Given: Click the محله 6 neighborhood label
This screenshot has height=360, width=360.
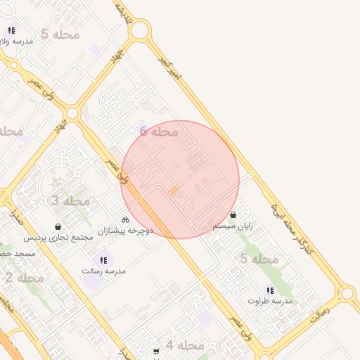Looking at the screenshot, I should pyautogui.click(x=158, y=131).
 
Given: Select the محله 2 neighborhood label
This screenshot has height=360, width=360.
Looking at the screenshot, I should pyautogui.click(x=24, y=278).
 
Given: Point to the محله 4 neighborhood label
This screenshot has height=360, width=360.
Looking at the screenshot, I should pyautogui.click(x=185, y=345).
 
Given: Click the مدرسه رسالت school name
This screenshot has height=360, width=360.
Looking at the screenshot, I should pyautogui.click(x=103, y=271).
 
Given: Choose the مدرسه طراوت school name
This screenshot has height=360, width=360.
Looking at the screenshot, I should pyautogui.click(x=270, y=301).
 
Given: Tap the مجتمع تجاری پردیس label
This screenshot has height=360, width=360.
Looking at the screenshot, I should pyautogui.click(x=58, y=238).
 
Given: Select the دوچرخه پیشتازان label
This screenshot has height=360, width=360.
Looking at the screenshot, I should pyautogui.click(x=124, y=230).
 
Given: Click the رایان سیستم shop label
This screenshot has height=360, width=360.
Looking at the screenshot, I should pyautogui.click(x=232, y=226).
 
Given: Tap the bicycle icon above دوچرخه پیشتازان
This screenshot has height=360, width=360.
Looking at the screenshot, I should pyautogui.click(x=125, y=219).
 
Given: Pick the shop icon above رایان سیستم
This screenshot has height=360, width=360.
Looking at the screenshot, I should pyautogui.click(x=233, y=215).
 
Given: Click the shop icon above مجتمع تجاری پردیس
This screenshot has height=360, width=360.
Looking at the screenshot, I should pyautogui.click(x=58, y=227).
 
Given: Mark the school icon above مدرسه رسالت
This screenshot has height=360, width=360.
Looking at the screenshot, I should pyautogui.click(x=103, y=260).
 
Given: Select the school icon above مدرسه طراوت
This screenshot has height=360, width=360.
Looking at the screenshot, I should pyautogui.click(x=270, y=290).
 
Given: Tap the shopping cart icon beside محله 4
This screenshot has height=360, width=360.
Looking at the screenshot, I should pyautogui.click(x=156, y=351).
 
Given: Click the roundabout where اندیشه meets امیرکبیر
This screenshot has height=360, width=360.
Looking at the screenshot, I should pyautogui.click(x=139, y=30).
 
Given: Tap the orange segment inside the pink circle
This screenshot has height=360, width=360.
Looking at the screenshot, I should pyautogui.click(x=173, y=191).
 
